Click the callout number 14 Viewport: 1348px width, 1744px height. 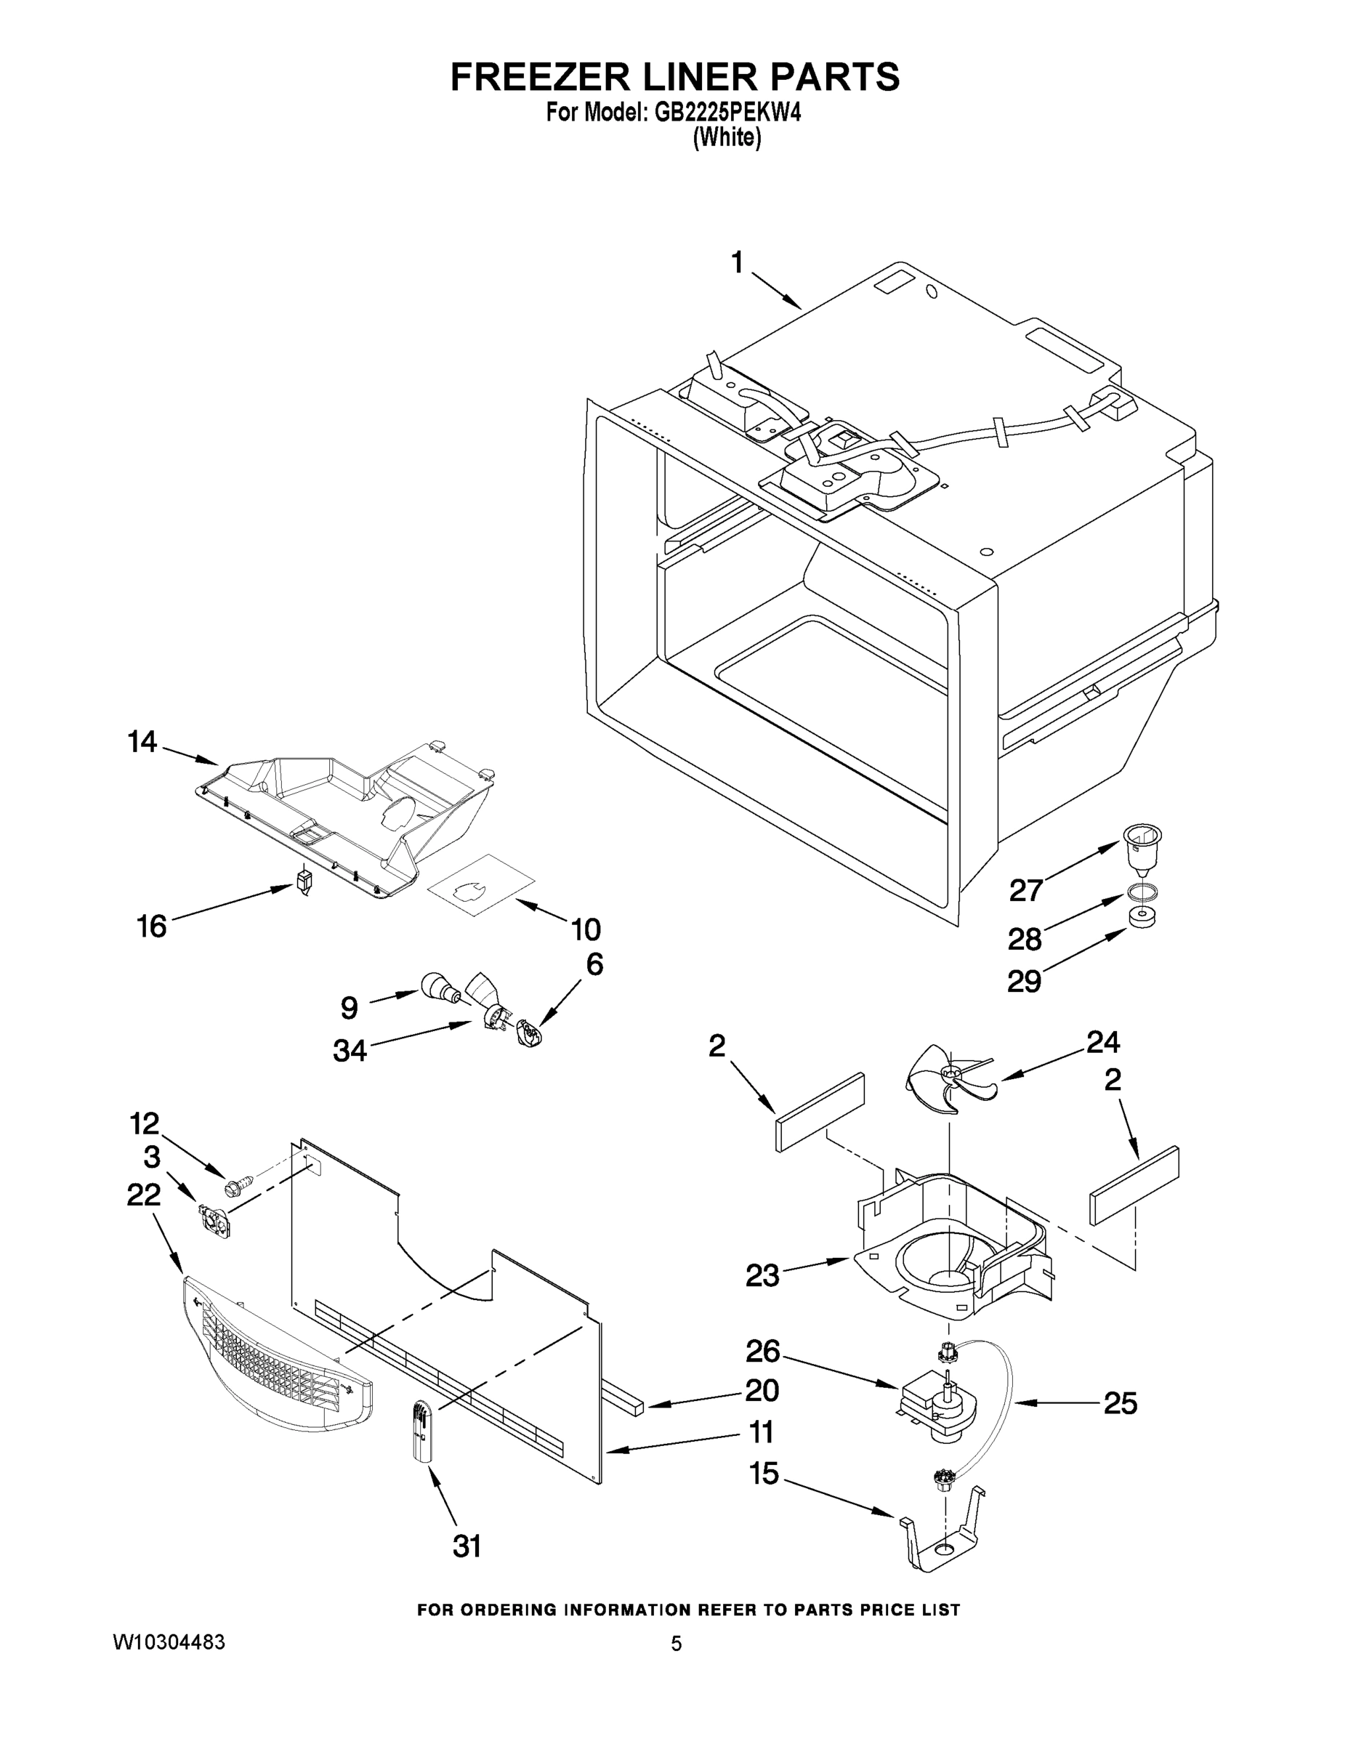142,742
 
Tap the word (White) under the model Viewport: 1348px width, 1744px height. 727,137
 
